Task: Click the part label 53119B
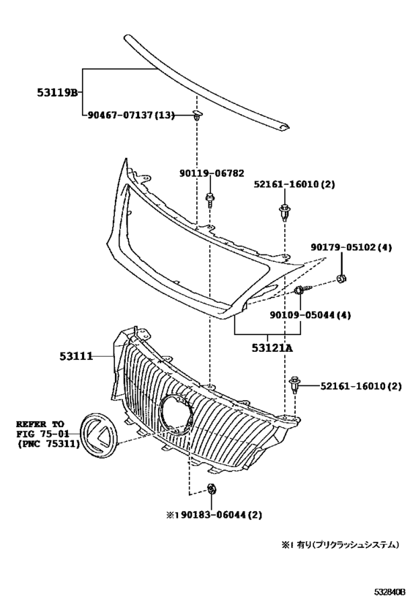(58, 92)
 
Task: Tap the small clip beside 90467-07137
(197, 113)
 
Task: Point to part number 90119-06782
(212, 173)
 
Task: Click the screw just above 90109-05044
(301, 292)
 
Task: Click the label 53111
(77, 356)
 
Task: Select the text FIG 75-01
(40, 434)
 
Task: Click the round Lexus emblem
(97, 437)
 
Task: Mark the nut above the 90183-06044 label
(212, 489)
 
